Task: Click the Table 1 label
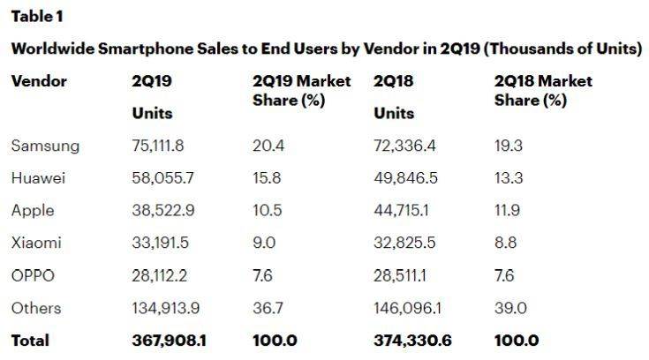pyautogui.click(x=36, y=17)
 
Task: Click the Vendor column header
pyautogui.click(x=39, y=81)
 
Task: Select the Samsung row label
pyautogui.click(x=45, y=146)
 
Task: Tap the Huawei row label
pyautogui.click(x=41, y=178)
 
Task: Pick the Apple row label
pyautogui.click(x=33, y=210)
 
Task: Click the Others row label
pyautogui.click(x=36, y=307)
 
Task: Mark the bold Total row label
pyautogui.click(x=30, y=340)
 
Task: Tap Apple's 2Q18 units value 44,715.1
pyautogui.click(x=403, y=210)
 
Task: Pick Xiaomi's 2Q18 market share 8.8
pyautogui.click(x=507, y=243)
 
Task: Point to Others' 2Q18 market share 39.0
pyautogui.click(x=509, y=307)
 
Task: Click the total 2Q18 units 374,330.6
pyautogui.click(x=411, y=340)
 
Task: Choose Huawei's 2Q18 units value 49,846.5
pyautogui.click(x=405, y=178)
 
